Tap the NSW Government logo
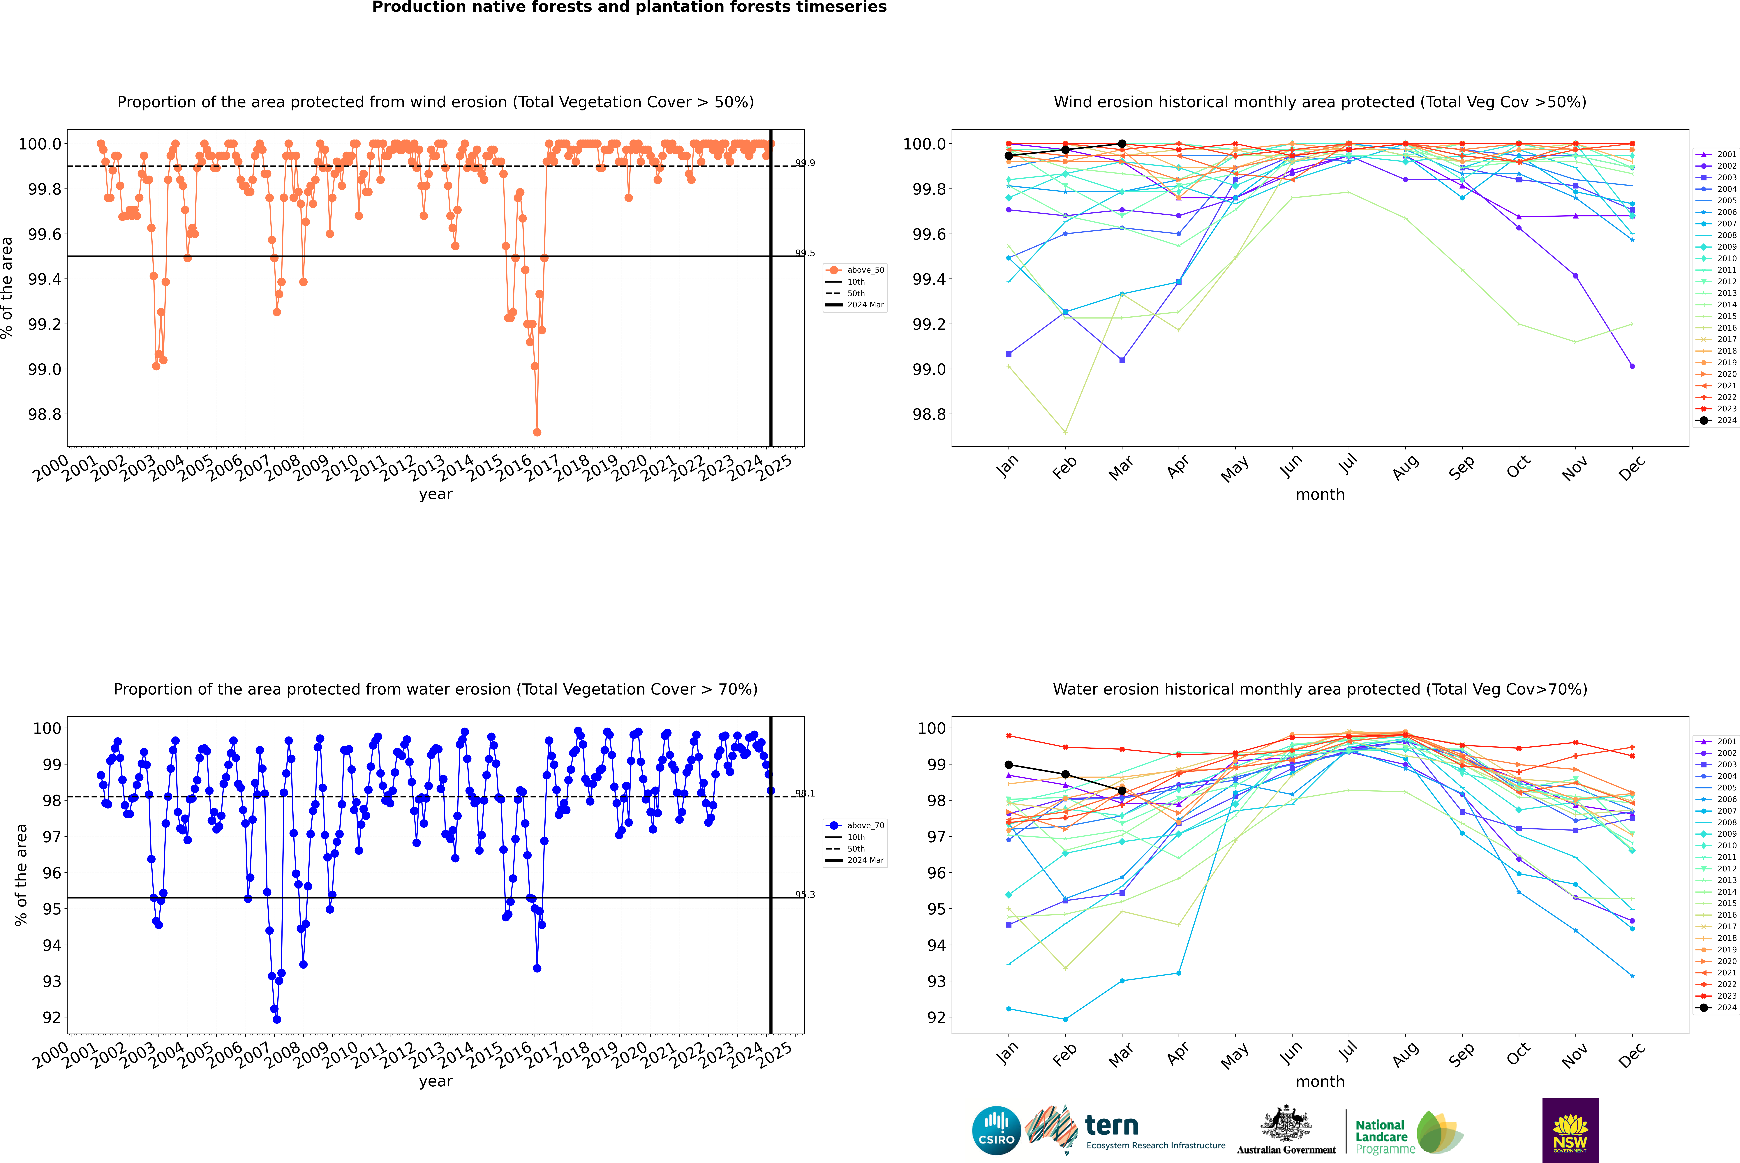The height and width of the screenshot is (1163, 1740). (x=1570, y=1130)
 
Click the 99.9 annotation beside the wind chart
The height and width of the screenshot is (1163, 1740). (x=805, y=163)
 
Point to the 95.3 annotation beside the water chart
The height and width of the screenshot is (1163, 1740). (x=805, y=894)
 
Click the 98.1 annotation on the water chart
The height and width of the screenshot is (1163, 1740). (x=805, y=794)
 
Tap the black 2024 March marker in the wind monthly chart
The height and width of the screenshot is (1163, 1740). (x=1121, y=144)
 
